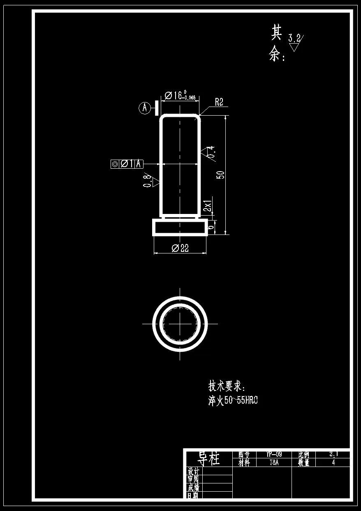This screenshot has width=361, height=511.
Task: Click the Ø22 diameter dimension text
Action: click(180, 248)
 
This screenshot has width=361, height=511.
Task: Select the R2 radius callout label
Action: click(219, 102)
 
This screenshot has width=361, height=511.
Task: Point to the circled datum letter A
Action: click(144, 108)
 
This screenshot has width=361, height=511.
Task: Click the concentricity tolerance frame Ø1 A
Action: click(127, 164)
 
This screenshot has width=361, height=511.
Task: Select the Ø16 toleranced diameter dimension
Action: click(180, 96)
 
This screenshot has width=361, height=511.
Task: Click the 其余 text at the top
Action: click(276, 43)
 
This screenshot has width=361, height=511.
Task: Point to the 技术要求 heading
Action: click(227, 386)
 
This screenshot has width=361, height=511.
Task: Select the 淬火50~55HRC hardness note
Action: click(233, 401)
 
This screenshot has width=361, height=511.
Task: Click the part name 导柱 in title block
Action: click(209, 458)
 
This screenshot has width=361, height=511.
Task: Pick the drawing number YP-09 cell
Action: click(274, 454)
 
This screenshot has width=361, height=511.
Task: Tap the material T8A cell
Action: click(274, 462)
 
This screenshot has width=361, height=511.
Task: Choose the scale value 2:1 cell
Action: click(333, 454)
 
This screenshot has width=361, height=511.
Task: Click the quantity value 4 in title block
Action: click(333, 462)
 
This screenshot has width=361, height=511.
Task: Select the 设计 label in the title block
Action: click(193, 471)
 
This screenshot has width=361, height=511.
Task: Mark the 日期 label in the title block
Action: click(193, 496)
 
